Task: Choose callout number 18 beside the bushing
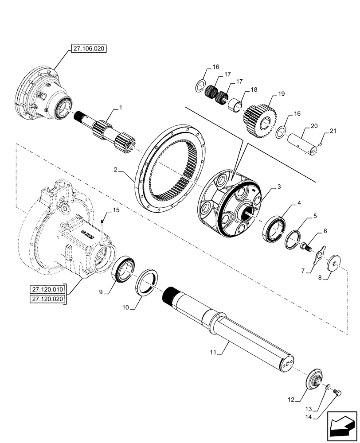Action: click(254, 89)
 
